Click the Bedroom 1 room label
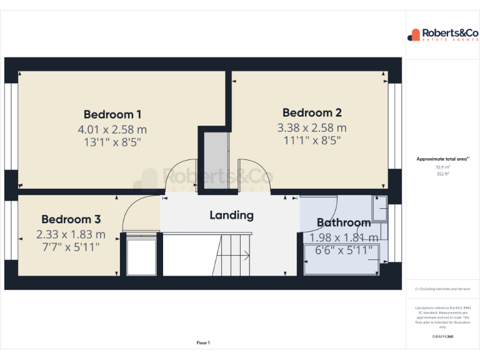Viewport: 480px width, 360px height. (112, 114)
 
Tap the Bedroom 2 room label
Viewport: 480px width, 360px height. (312, 113)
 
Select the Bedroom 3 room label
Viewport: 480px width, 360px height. (71, 219)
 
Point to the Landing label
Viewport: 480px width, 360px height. (231, 215)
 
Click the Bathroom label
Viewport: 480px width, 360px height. (343, 222)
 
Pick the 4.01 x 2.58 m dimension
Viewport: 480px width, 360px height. (112, 129)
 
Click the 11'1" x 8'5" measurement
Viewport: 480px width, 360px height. (312, 141)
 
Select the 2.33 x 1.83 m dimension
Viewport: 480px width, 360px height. (71, 235)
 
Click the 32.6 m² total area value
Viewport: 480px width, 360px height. (442, 167)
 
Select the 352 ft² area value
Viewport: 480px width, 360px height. (442, 174)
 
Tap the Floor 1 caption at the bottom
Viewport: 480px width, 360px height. (203, 342)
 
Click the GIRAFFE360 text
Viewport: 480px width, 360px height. (442, 337)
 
